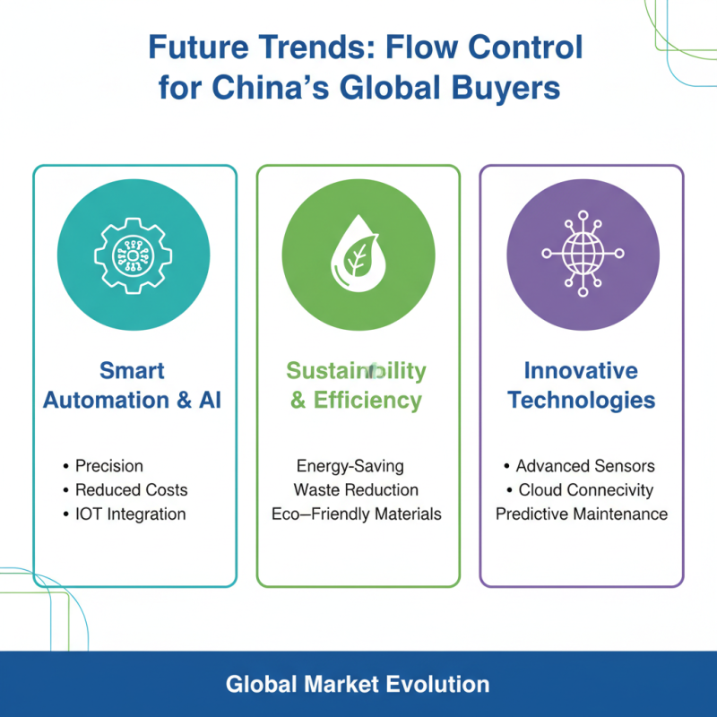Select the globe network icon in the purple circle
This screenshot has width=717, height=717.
coord(582,252)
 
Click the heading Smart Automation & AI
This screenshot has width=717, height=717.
coord(133,385)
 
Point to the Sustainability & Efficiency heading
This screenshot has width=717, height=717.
coord(357,385)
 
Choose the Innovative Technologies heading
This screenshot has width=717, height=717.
coord(582,385)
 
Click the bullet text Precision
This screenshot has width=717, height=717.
coord(108,466)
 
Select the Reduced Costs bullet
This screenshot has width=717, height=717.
coord(131,490)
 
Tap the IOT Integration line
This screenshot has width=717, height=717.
coord(130,514)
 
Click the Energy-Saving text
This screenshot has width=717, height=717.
coord(350,466)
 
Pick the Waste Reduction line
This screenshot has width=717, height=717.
coord(356,490)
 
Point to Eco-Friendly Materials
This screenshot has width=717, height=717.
coord(357,514)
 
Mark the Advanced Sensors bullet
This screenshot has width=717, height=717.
coord(585,466)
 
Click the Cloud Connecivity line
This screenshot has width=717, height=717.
coord(586,490)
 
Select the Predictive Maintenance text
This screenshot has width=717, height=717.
coord(582,514)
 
